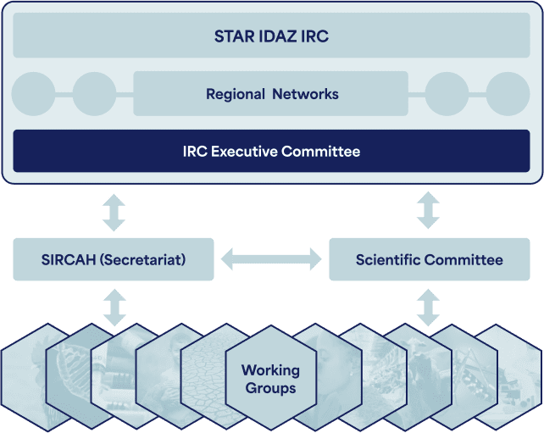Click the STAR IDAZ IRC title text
click(271, 36)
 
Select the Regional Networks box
click(270, 94)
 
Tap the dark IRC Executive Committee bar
click(271, 151)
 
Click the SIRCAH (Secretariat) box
click(114, 259)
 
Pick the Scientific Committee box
click(430, 259)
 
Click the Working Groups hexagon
click(271, 378)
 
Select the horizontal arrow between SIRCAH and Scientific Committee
click(271, 259)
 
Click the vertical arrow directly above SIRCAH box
click(114, 213)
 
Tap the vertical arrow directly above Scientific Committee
click(428, 210)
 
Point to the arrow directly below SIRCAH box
click(115, 308)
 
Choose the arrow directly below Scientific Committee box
click(428, 308)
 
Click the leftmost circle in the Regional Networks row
click(33, 94)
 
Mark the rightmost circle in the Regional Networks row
click(508, 94)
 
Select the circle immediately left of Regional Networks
click(94, 94)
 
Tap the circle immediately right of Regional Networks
click(447, 94)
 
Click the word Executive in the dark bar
click(244, 152)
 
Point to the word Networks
click(305, 94)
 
